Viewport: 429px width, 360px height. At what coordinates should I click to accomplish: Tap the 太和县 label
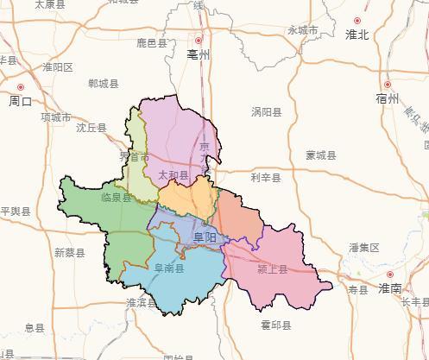click(173, 174)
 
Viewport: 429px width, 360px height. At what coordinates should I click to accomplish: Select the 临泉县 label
click(116, 198)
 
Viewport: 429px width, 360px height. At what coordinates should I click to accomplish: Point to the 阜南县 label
click(168, 268)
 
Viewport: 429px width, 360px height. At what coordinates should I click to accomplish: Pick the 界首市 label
click(134, 157)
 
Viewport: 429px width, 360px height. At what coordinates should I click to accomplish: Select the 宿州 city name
click(388, 98)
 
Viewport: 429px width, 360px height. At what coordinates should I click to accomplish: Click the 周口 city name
click(20, 101)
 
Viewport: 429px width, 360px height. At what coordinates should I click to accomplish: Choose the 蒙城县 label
click(320, 155)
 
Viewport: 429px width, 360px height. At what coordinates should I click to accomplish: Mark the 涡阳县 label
click(267, 112)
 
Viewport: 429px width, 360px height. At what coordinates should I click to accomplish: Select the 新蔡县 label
click(69, 253)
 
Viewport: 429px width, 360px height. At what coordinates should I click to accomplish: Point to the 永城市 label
click(303, 30)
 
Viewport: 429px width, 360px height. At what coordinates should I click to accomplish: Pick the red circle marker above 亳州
click(199, 40)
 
